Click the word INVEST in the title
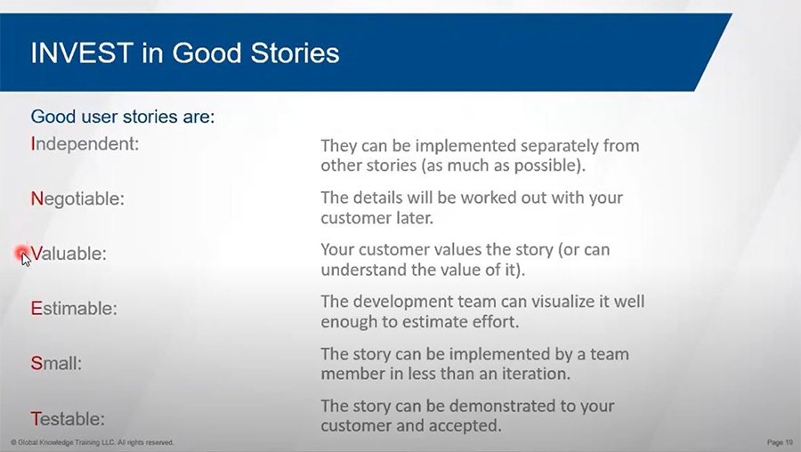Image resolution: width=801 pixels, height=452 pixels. click(x=82, y=52)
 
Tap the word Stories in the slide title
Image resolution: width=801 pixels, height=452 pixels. click(x=295, y=52)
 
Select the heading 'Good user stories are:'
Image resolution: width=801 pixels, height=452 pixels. click(x=123, y=117)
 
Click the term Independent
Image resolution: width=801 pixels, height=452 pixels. click(x=85, y=144)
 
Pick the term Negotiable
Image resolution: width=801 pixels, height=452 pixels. click(x=77, y=198)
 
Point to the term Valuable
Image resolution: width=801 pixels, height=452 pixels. click(x=69, y=254)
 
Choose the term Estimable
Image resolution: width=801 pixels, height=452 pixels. click(x=74, y=309)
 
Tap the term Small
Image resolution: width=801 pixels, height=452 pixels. click(x=56, y=363)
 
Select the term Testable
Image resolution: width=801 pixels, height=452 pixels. click(x=68, y=419)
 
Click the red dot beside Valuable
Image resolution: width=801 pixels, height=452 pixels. click(x=21, y=252)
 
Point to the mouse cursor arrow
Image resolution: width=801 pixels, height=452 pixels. click(x=26, y=259)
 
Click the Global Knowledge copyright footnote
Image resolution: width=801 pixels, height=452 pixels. click(x=92, y=442)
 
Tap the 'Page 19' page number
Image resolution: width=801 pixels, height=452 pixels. click(x=780, y=442)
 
